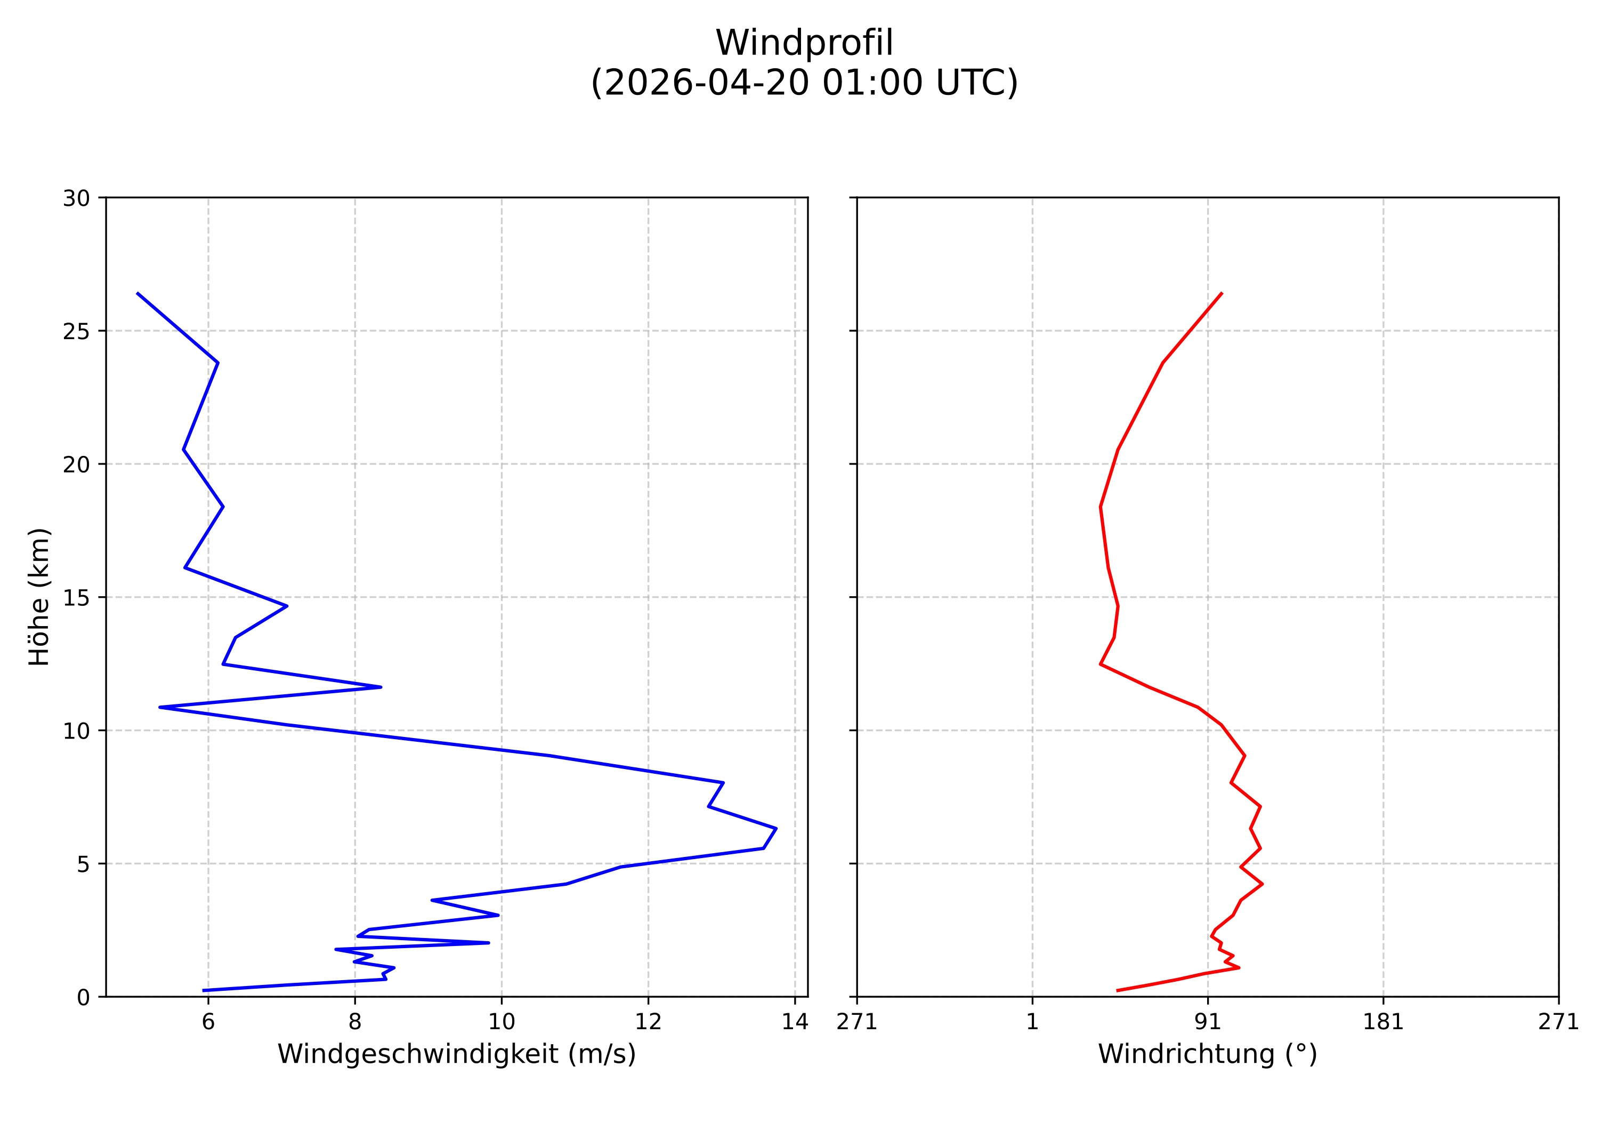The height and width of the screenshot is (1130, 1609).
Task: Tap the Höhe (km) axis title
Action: tap(39, 597)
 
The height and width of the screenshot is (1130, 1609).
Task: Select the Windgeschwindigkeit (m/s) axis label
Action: tap(456, 1054)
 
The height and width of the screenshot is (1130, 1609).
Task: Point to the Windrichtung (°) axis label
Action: tap(1207, 1054)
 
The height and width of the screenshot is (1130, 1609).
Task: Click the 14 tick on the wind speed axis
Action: tap(795, 1022)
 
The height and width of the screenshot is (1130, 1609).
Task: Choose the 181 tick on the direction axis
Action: tap(1382, 1022)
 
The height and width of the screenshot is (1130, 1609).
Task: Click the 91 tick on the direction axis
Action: tap(1208, 1022)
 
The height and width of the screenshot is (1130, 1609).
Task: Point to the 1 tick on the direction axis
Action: tap(1032, 1022)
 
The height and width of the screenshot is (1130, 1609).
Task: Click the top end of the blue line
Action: tap(138, 293)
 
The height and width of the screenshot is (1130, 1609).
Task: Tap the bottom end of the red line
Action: tap(1117, 990)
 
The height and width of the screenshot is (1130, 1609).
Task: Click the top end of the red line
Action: tap(1222, 293)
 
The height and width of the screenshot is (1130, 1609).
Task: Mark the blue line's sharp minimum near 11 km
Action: tap(160, 707)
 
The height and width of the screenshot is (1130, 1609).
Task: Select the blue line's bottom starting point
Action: tap(203, 990)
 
